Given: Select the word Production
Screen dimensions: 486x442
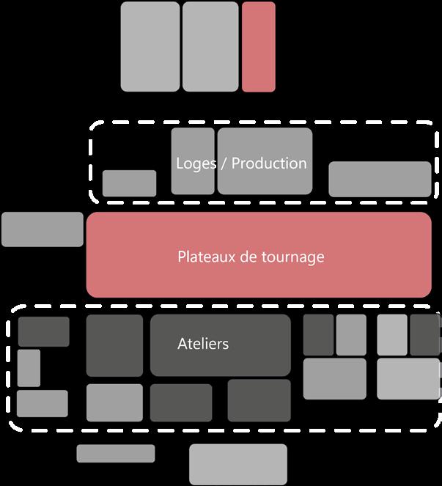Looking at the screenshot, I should (x=269, y=163).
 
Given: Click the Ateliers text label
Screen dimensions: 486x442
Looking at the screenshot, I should (x=203, y=343).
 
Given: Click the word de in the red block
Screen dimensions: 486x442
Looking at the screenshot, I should (x=249, y=257).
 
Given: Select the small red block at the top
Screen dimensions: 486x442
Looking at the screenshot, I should (x=259, y=47).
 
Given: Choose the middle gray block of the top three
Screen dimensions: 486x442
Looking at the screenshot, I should (x=210, y=47).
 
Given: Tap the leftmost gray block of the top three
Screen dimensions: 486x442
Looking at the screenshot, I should (x=150, y=47).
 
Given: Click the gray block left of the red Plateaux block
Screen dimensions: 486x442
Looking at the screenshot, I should (x=42, y=229).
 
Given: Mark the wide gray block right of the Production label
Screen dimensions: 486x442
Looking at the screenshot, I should (x=380, y=179).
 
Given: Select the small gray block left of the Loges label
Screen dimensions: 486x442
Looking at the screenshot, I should (x=129, y=183).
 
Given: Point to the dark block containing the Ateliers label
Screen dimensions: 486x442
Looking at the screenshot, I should (x=221, y=359).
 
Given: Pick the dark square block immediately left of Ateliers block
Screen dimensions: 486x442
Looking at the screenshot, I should (x=114, y=345).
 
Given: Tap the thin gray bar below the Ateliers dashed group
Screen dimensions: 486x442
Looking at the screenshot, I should (x=116, y=453).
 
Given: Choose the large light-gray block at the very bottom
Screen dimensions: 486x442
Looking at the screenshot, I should (x=237, y=464).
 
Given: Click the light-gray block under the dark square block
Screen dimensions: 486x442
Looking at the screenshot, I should (x=114, y=402).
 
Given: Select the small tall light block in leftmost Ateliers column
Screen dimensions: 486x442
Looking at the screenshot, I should (x=29, y=367).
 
